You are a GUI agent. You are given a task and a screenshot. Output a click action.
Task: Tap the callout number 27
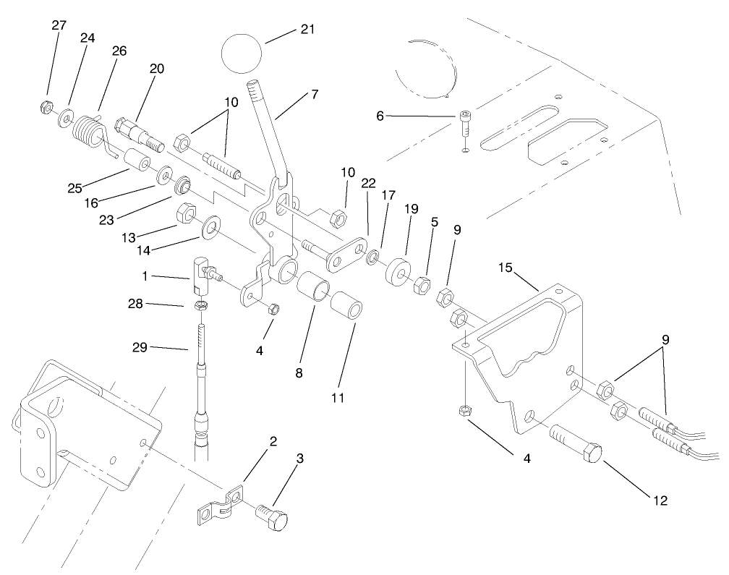coord(59,25)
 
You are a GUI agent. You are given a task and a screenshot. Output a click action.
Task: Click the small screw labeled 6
coord(465,119)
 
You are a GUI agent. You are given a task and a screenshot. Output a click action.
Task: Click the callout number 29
coord(140,348)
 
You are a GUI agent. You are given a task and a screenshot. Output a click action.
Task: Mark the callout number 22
coord(368,184)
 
